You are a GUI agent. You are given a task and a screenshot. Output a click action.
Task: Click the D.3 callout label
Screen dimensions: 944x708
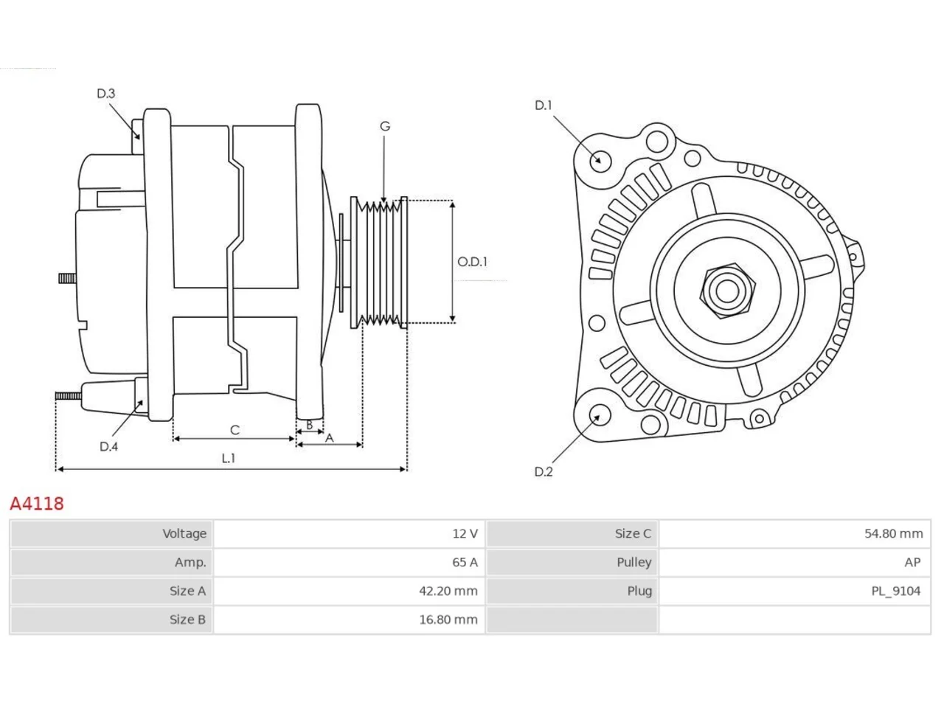105,93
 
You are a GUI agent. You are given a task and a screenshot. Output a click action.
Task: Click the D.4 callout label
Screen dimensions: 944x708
108,447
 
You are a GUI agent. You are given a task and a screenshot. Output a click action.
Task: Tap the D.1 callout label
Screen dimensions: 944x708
544,105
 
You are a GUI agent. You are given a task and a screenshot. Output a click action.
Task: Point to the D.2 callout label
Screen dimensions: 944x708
544,471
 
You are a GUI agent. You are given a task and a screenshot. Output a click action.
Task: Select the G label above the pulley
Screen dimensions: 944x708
385,126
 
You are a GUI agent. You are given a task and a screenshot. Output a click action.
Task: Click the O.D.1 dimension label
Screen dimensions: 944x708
472,261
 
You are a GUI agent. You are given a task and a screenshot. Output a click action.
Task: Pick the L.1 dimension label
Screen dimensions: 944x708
229,458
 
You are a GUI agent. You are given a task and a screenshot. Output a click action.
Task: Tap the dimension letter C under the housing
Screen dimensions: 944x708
235,430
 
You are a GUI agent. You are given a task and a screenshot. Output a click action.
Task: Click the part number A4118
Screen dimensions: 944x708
37,504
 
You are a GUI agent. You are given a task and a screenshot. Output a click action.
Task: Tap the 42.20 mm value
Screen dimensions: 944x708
448,591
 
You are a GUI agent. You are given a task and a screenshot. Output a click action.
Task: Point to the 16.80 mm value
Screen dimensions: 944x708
448,619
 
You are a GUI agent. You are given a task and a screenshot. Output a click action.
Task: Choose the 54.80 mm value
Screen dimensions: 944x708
894,533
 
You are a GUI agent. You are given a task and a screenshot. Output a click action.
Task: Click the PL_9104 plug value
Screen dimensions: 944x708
896,591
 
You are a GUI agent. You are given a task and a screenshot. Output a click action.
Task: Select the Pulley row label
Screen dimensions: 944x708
634,563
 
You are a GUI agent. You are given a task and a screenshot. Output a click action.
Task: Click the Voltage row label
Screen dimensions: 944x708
184,534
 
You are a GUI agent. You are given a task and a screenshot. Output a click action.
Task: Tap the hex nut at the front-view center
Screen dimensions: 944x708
726,291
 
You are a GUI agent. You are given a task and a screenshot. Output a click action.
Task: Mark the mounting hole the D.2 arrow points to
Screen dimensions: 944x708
600,414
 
